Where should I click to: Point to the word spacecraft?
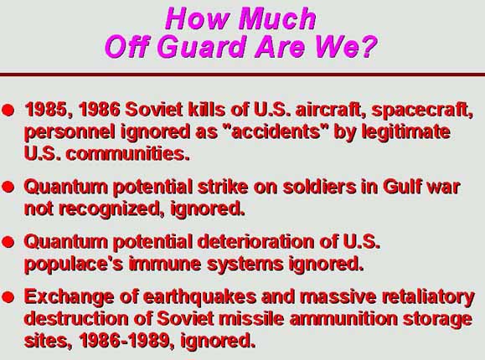pyautogui.click(x=422, y=110)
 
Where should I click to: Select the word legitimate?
pyautogui.click(x=405, y=132)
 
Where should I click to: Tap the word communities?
pyautogui.click(x=127, y=154)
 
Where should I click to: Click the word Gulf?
pyautogui.click(x=402, y=187)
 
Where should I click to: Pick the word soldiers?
pyautogui.click(x=319, y=187)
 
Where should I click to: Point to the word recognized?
pyautogui.click(x=112, y=209)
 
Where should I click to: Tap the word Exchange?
pyautogui.click(x=69, y=297)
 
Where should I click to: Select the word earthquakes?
pyautogui.click(x=200, y=297)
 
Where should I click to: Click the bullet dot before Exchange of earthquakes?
pyautogui.click(x=8, y=297)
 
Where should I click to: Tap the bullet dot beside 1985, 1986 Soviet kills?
pyautogui.click(x=8, y=110)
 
